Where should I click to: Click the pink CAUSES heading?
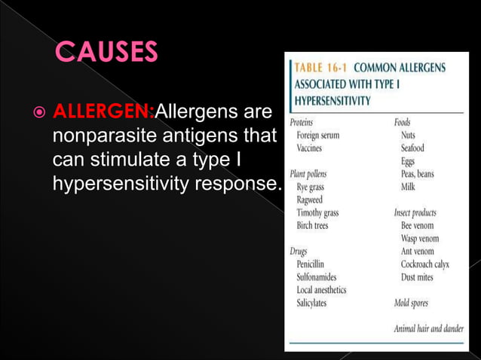click(106, 53)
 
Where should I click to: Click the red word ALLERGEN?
click(103, 114)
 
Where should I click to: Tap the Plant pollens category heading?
click(308, 173)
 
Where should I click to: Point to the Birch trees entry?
click(312, 226)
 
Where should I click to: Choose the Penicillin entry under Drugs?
click(311, 264)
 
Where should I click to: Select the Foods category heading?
click(403, 121)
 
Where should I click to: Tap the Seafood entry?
click(412, 148)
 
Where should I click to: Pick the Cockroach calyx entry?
click(427, 264)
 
